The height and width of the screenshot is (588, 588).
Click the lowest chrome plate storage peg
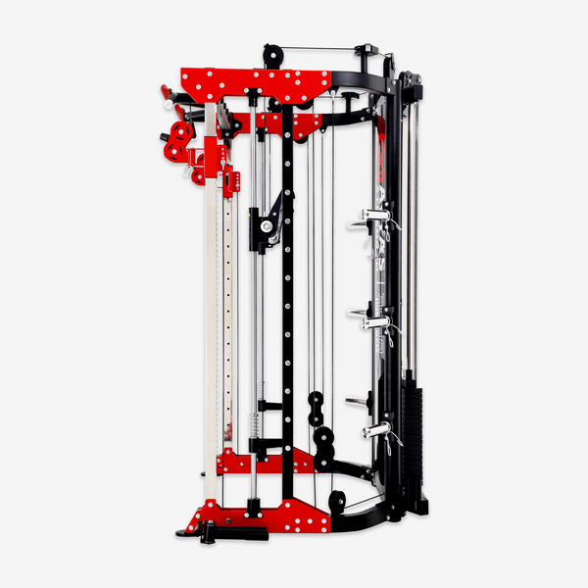[377, 430]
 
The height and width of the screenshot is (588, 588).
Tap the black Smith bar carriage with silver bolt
[268, 221]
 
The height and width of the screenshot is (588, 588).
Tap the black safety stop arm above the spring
[269, 405]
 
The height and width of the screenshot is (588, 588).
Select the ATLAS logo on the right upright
[381, 211]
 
